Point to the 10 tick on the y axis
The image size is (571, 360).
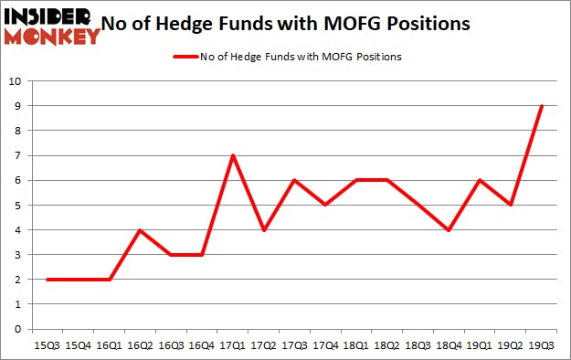(15, 81)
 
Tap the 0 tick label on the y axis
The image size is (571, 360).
(17, 329)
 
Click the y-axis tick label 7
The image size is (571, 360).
(17, 155)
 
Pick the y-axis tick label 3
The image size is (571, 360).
(17, 255)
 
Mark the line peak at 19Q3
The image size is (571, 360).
(542, 106)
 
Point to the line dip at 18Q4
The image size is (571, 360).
(449, 230)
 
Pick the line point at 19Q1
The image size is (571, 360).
(480, 180)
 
